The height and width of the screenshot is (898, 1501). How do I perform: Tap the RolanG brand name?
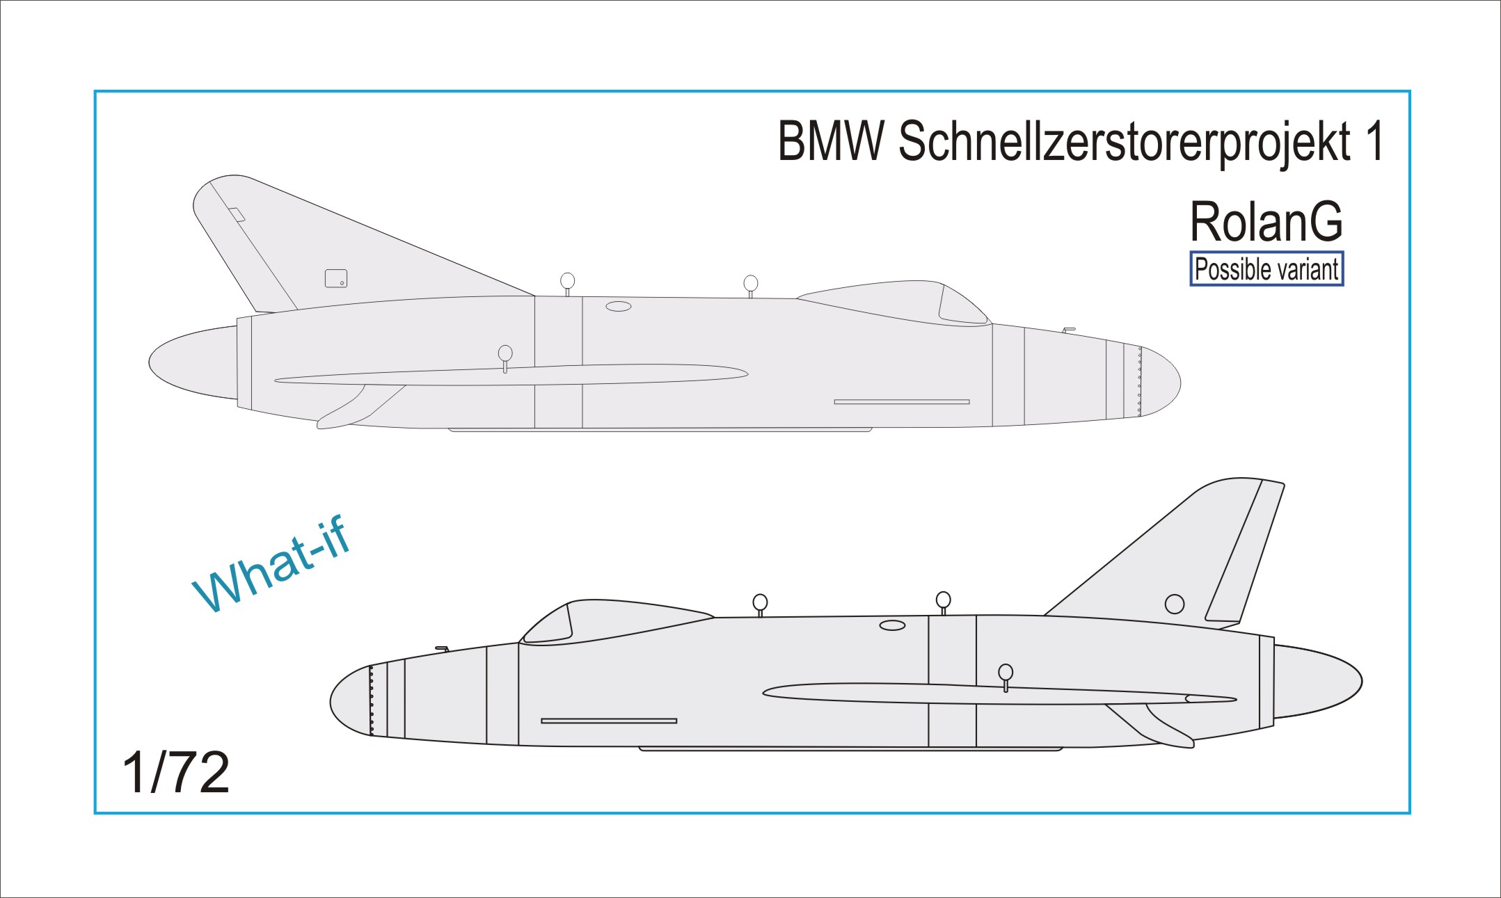pyautogui.click(x=1266, y=222)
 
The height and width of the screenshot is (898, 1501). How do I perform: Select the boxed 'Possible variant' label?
pyautogui.click(x=1266, y=269)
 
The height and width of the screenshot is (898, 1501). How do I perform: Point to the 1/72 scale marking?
pyautogui.click(x=175, y=772)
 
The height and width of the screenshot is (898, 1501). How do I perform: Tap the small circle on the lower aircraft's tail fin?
pyautogui.click(x=1174, y=604)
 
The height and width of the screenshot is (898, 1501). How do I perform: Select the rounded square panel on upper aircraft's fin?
pyautogui.click(x=336, y=278)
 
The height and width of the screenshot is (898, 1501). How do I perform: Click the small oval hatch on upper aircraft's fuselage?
pyautogui.click(x=618, y=306)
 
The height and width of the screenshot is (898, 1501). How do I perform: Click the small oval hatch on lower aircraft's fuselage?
pyautogui.click(x=892, y=625)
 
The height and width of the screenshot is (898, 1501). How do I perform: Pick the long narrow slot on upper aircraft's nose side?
pyautogui.click(x=902, y=401)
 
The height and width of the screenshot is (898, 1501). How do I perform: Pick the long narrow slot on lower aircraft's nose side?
pyautogui.click(x=609, y=721)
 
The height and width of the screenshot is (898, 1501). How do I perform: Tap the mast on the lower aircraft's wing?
pyautogui.click(x=1006, y=675)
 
